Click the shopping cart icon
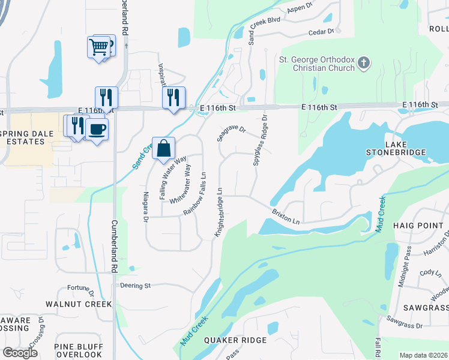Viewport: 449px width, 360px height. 98,46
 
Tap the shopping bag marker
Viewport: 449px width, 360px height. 163,148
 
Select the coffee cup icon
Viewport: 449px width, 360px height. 97,128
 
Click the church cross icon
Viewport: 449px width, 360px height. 363,62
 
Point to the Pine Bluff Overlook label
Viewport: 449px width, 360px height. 78,350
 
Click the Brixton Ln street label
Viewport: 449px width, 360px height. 285,217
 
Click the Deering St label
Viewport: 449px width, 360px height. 135,286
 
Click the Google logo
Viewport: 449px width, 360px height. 20,353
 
